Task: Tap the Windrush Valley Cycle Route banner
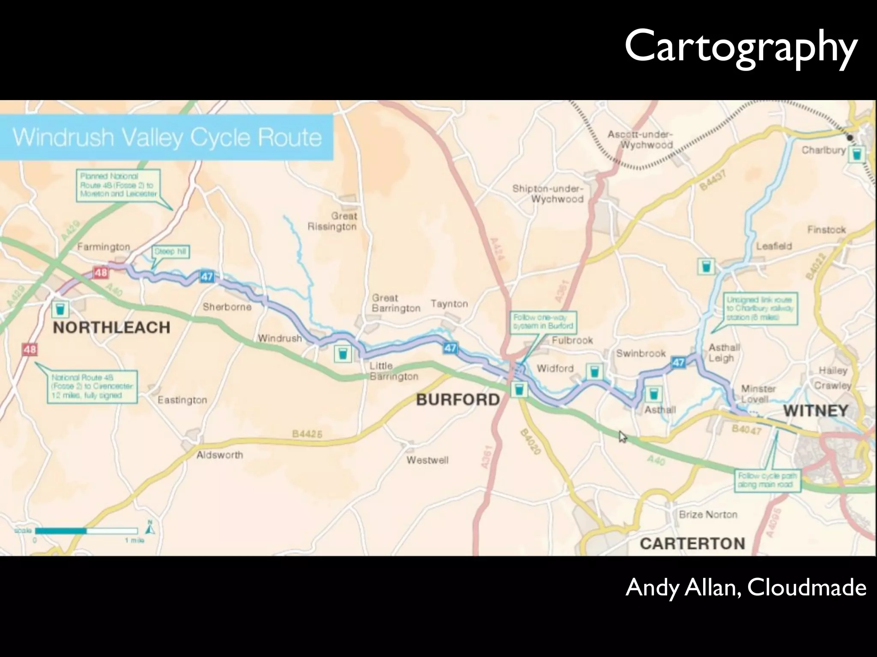[x=167, y=137]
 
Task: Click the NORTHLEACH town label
[x=111, y=328]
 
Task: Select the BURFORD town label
[x=458, y=400]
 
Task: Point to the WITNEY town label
[x=816, y=411]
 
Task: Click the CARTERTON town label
[x=692, y=544]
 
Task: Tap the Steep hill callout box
[x=170, y=252]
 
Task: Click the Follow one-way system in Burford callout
[x=543, y=322]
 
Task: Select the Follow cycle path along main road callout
[x=767, y=480]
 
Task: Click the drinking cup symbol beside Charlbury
[x=857, y=154]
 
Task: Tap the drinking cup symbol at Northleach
[x=60, y=308]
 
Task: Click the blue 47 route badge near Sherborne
[x=207, y=277]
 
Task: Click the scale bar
[x=86, y=531]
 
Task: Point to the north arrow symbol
[x=150, y=529]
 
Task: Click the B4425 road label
[x=307, y=434]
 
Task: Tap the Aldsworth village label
[x=220, y=455]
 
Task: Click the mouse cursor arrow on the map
[x=622, y=436]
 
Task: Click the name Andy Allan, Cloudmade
[x=746, y=587]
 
